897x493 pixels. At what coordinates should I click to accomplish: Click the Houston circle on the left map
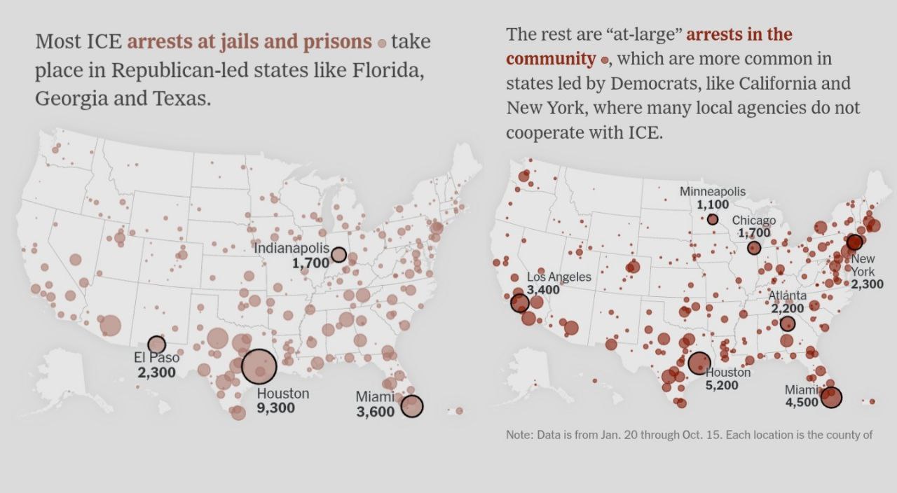259,366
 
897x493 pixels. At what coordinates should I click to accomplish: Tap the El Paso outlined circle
156,344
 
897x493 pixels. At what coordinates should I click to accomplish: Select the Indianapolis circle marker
338,254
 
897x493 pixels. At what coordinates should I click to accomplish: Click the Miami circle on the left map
412,405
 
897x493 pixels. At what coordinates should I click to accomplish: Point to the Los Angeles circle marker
519,303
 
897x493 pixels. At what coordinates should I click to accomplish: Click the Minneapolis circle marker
713,219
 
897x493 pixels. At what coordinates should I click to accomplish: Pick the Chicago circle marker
754,248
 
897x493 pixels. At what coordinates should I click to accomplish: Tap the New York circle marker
854,242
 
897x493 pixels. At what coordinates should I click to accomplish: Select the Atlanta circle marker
788,324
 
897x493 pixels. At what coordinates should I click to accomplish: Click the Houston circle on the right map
699,363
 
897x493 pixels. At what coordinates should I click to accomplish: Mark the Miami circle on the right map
831,398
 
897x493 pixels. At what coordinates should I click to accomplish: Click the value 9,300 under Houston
276,408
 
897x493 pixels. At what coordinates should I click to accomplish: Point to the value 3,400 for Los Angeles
543,290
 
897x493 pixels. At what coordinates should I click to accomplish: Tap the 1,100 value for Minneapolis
713,204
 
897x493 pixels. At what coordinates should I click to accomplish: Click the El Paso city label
156,358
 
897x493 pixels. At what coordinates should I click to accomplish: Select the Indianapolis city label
291,249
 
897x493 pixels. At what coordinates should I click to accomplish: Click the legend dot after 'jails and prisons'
382,43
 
